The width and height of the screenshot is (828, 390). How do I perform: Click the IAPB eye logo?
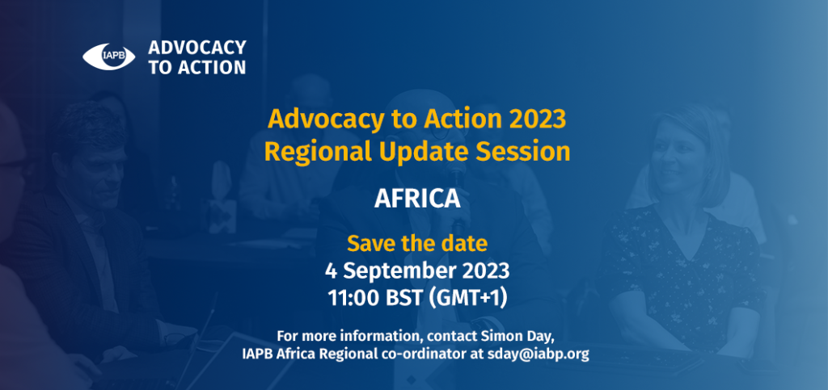pos(109,57)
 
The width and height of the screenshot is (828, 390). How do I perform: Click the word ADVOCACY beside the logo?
pos(197,48)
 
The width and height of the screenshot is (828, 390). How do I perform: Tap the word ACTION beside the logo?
pos(213,68)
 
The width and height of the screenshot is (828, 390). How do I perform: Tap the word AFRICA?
pos(416,199)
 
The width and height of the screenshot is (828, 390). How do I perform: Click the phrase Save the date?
pos(417,244)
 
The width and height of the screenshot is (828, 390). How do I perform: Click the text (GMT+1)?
pos(467,298)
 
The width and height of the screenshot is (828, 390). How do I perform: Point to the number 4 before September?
pos(331,271)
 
